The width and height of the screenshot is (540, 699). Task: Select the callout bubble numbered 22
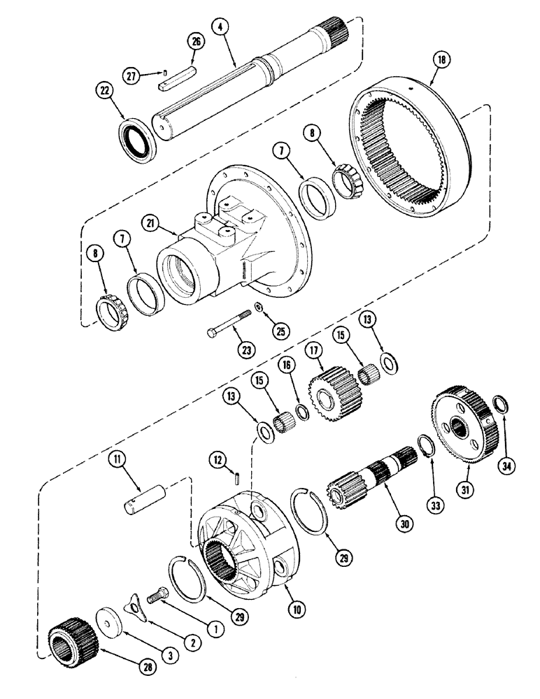click(x=105, y=89)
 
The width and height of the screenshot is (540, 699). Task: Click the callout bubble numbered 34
click(x=506, y=467)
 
